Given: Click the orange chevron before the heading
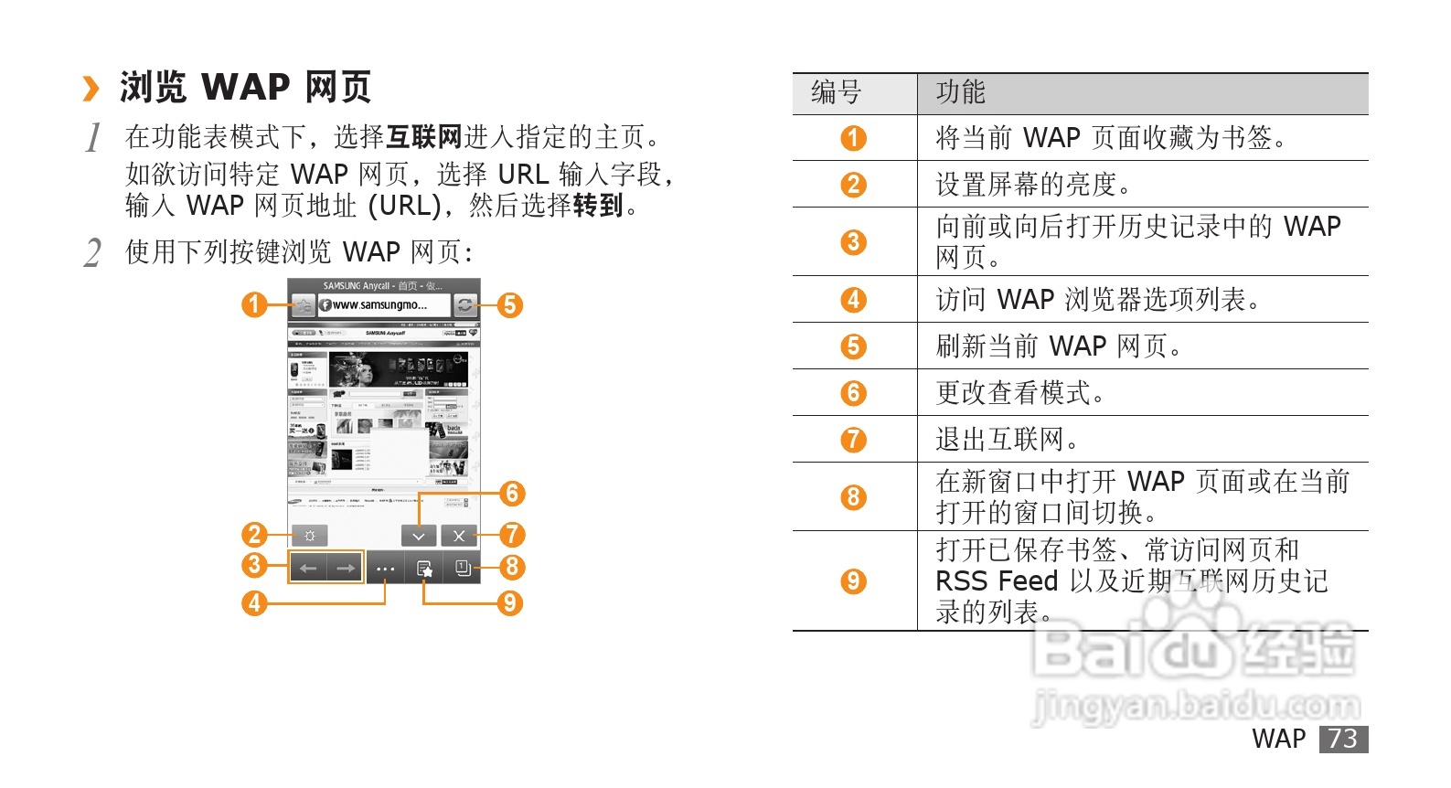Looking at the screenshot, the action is pos(91,89).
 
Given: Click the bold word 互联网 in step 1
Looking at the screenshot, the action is pos(424,137).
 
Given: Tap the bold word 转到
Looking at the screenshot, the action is pos(598,206).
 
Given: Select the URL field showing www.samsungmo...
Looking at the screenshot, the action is pos(384,305).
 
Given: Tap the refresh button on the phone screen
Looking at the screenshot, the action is pos(465,305).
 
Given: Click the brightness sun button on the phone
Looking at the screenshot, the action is pos(310,536).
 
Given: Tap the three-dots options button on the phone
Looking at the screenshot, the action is pos(385,569).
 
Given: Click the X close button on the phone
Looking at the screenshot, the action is pos(459,536).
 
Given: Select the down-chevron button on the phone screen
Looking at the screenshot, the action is pos(419,536).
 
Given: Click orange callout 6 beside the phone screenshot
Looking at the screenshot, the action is pos(512,494).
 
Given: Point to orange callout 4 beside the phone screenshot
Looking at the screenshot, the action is pos(254,603).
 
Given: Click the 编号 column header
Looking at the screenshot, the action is pos(837,92).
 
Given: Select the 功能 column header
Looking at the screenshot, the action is pos(960,92).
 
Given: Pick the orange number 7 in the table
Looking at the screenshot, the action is pos(853,440).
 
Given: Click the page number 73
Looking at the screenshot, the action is pos(1343,739).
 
